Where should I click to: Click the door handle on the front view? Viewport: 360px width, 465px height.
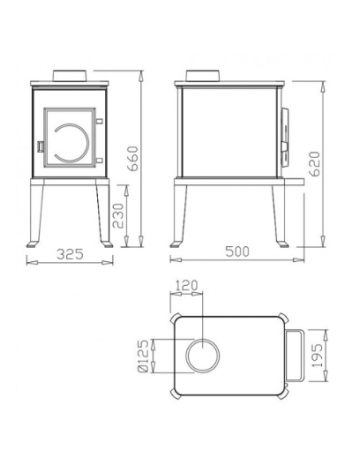click(x=39, y=146)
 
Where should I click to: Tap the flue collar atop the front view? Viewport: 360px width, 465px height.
click(x=68, y=75)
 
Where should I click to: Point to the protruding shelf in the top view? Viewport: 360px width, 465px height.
click(x=293, y=356)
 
